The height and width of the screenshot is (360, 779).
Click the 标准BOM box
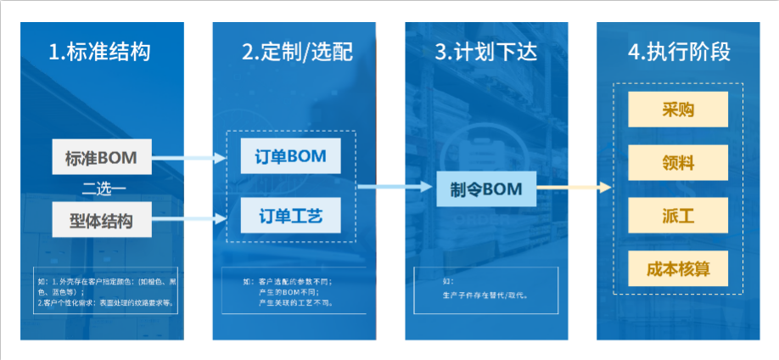[100, 157]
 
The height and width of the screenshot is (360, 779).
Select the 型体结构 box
[100, 222]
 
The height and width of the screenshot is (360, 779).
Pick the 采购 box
[678, 110]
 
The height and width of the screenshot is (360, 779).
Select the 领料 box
[678, 162]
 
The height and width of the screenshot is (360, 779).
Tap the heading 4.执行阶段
[679, 52]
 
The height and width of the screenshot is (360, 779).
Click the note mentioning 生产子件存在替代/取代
[480, 295]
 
